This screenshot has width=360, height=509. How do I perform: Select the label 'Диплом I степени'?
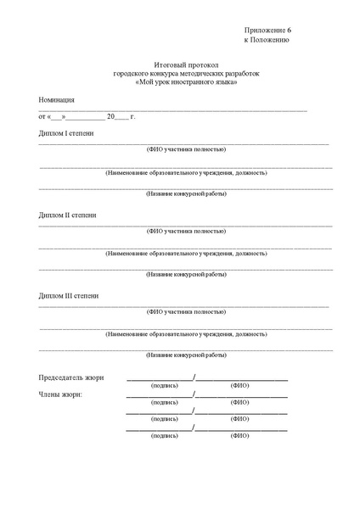pos(67,134)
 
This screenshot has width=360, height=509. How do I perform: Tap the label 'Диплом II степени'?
pos(68,215)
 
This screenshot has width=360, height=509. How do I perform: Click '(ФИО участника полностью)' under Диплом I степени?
pos(186,149)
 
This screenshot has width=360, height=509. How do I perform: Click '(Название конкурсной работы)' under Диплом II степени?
pos(186,274)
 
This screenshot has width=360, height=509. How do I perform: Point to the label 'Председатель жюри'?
pos(72,378)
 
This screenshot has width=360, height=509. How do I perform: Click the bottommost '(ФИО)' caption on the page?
pos(239,435)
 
